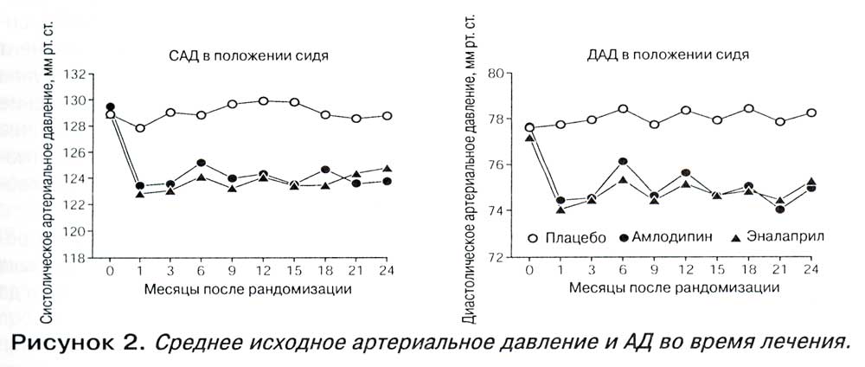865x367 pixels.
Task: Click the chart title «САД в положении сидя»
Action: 248,57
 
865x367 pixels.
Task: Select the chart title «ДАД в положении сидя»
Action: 668,55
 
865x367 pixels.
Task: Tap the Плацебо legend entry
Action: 567,238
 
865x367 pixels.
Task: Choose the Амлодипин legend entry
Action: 668,237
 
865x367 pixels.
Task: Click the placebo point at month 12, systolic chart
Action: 263,101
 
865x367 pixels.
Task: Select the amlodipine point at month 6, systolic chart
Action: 202,163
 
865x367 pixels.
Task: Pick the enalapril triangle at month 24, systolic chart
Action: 388,168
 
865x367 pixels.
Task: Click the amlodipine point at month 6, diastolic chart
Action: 623,161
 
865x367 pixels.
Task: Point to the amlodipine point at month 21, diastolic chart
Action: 779,209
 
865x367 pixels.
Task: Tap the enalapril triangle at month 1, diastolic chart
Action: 561,209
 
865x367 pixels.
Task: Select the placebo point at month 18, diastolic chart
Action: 748,108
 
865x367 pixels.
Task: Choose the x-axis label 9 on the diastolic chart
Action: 654,270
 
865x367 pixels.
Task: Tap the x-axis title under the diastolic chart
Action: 674,287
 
